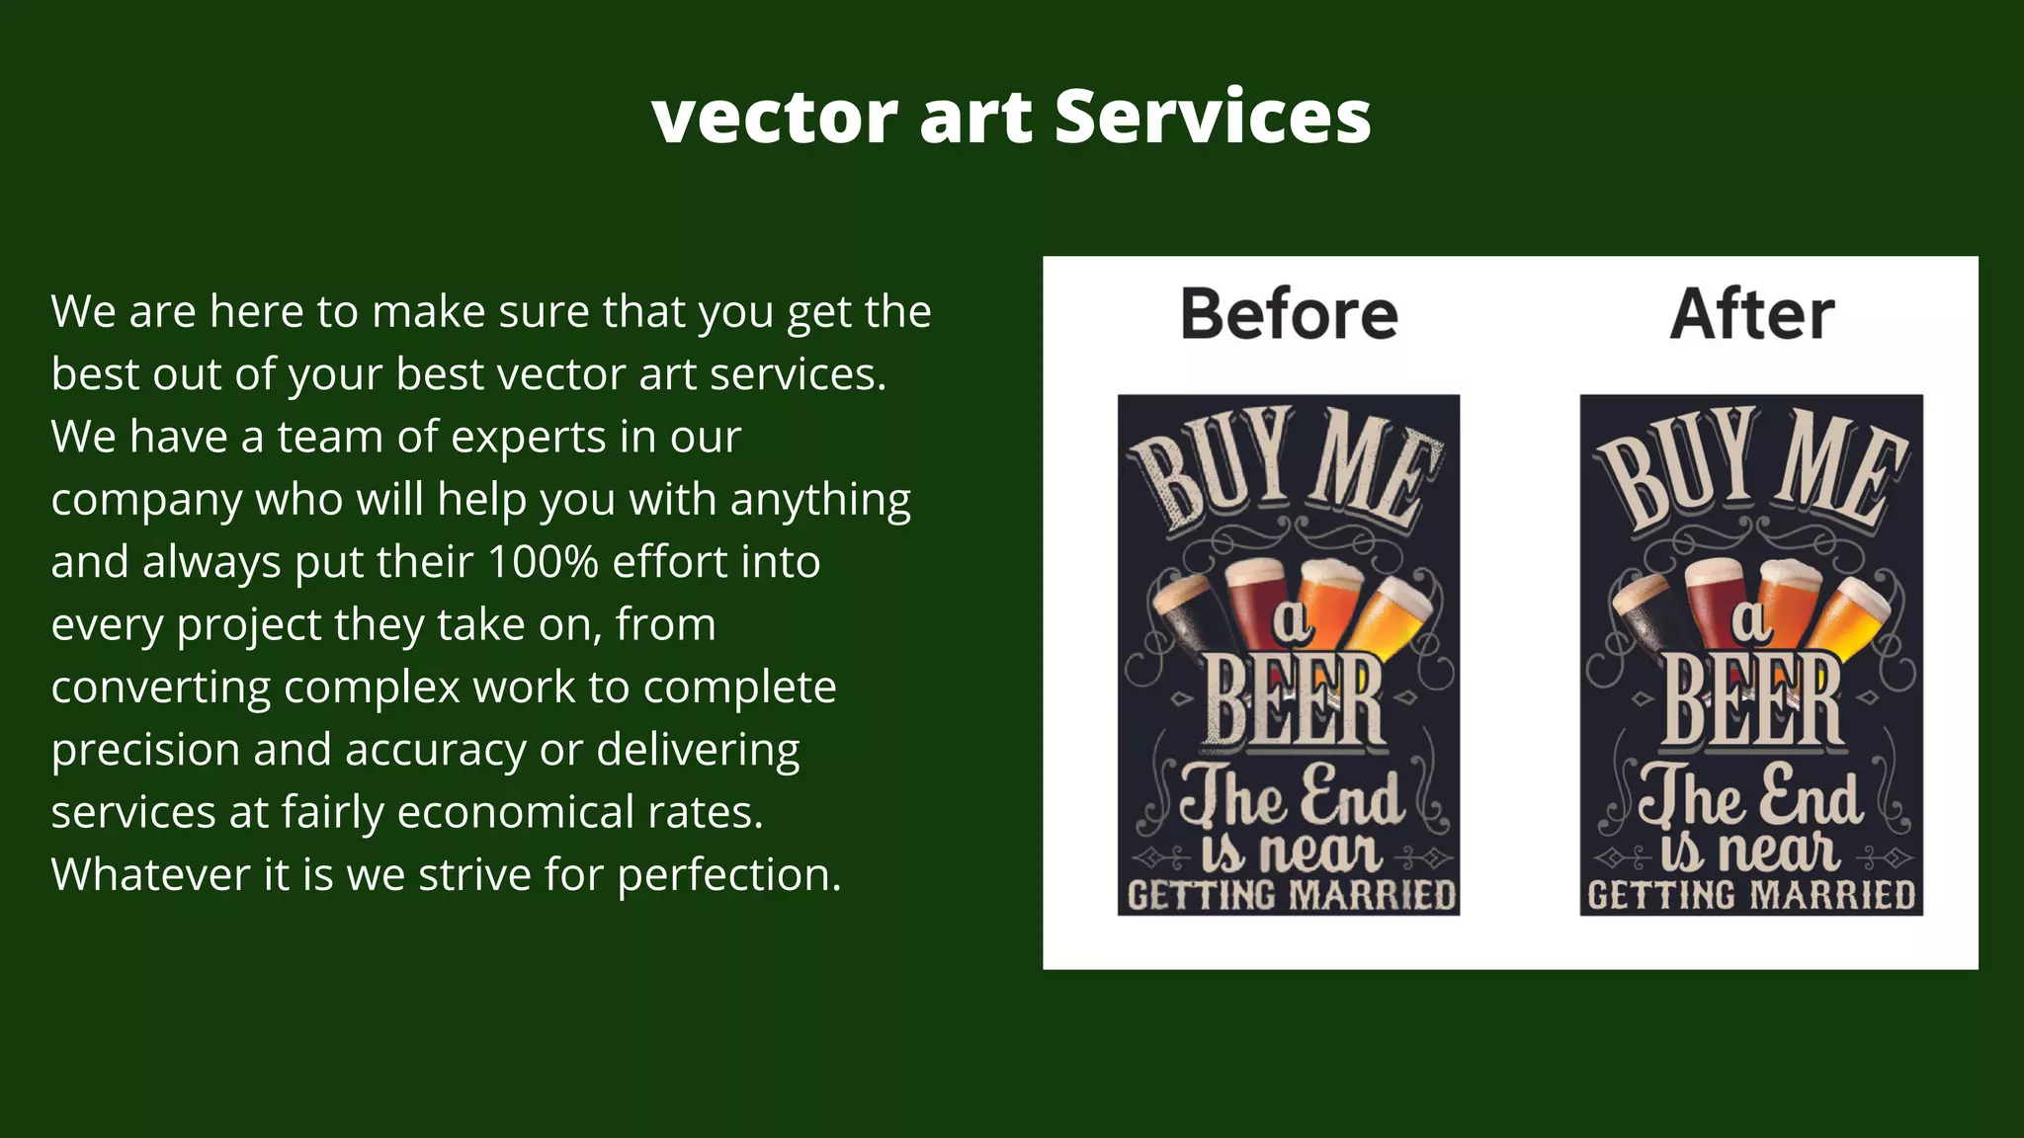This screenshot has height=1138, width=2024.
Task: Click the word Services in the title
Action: pos(1213,117)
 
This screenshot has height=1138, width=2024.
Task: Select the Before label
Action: pos(1289,314)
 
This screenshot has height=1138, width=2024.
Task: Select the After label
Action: pos(1752,314)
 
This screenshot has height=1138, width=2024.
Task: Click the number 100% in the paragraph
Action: pos(543,562)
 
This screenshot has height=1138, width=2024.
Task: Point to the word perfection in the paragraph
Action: pos(728,876)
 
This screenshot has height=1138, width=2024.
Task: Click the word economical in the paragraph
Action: pos(516,813)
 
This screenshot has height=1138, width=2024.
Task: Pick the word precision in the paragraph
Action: pos(144,751)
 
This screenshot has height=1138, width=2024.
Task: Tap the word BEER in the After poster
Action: pos(1753,702)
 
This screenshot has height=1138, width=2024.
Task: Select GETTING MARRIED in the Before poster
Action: pos(1292,896)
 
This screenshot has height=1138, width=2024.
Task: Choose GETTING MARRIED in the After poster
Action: pos(1751,896)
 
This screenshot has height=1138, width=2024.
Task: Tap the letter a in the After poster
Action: pos(1750,620)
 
